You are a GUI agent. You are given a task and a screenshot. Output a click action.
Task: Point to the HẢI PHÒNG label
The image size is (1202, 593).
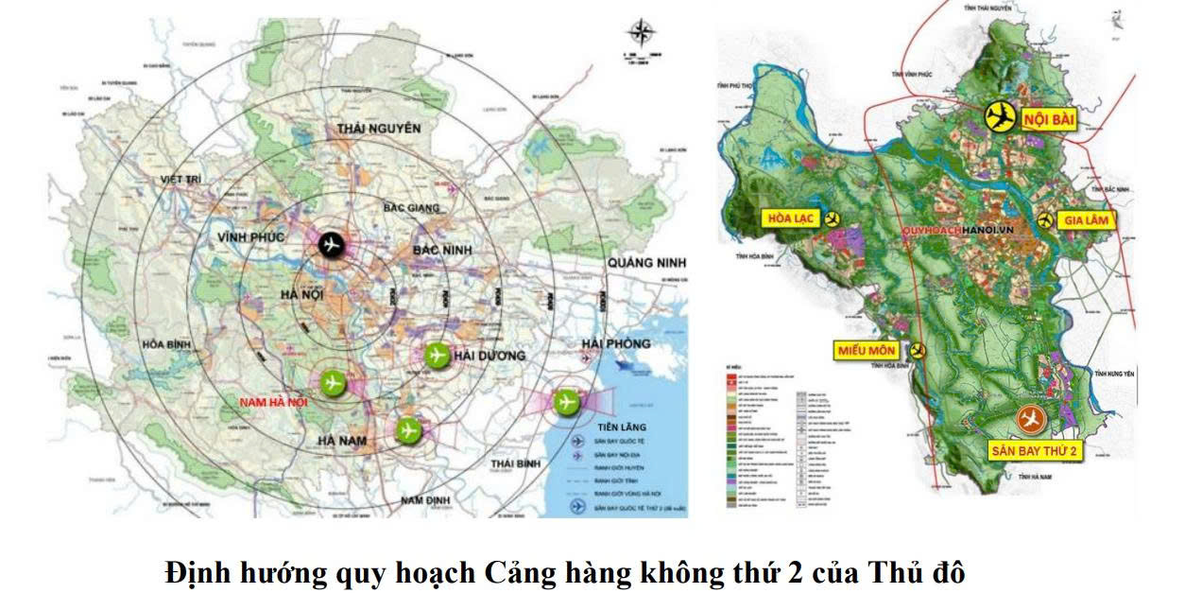tap(616, 343)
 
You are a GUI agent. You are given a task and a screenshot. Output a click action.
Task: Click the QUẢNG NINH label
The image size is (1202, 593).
tap(646, 262)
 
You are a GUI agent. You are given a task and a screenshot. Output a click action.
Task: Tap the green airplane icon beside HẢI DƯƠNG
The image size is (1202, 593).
tap(436, 355)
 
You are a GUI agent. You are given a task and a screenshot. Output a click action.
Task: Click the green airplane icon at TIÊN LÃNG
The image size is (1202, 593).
tap(567, 401)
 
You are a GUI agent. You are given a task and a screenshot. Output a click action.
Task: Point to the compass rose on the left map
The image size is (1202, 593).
tap(642, 35)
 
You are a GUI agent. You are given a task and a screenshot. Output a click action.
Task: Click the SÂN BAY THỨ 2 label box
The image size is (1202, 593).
tap(1035, 451)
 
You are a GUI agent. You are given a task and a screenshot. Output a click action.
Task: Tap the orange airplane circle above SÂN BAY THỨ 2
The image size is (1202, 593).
tap(1030, 417)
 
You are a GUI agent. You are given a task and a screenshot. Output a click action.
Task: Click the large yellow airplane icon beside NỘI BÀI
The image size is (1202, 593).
tap(999, 116)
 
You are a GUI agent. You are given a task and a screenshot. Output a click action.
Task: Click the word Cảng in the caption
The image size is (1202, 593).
tap(519, 572)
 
